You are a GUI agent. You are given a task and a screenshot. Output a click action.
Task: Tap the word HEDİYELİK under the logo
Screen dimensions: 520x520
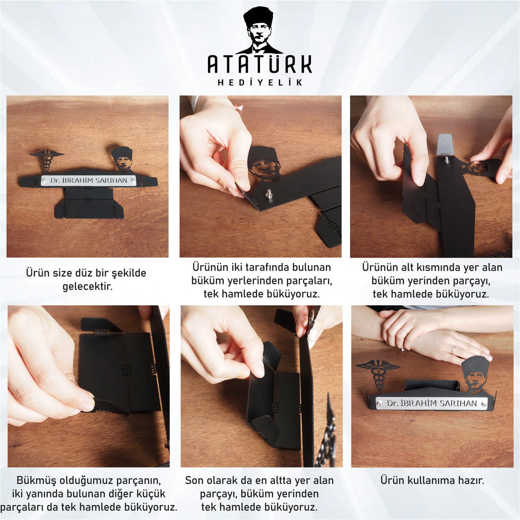point(260,82)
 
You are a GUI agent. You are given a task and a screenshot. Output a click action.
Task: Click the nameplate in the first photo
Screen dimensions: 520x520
point(89,181)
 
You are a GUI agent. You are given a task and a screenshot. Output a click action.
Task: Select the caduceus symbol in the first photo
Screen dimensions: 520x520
point(47,161)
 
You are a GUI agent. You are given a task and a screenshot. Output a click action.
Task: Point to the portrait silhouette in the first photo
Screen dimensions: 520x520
point(122,159)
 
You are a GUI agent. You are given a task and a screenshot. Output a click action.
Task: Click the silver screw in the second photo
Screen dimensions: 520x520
point(269,194)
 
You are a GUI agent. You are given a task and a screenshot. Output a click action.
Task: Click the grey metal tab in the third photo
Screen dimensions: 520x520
point(445,144)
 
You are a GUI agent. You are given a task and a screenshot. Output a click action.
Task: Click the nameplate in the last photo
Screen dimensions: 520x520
point(432,403)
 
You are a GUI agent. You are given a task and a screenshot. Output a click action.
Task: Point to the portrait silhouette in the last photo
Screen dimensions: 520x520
point(476,375)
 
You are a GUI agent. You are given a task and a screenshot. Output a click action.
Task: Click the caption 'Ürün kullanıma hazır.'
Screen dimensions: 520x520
point(432,480)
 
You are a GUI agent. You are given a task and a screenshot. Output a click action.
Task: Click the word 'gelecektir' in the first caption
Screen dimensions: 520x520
point(88,286)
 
